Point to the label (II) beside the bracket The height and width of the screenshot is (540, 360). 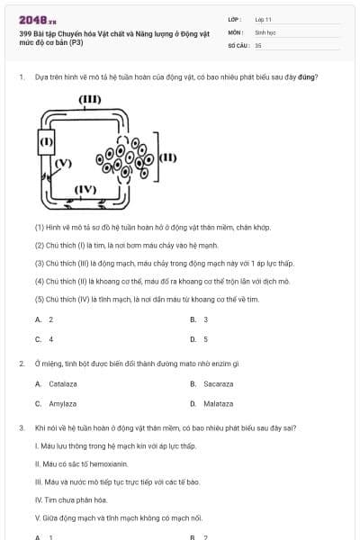click(168, 157)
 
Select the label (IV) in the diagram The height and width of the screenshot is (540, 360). click(85, 189)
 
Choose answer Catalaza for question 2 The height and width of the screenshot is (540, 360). click(57, 383)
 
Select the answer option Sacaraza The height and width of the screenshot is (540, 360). click(213, 383)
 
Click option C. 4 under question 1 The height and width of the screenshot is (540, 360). click(44, 339)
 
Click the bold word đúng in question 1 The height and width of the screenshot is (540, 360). click(308, 76)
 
